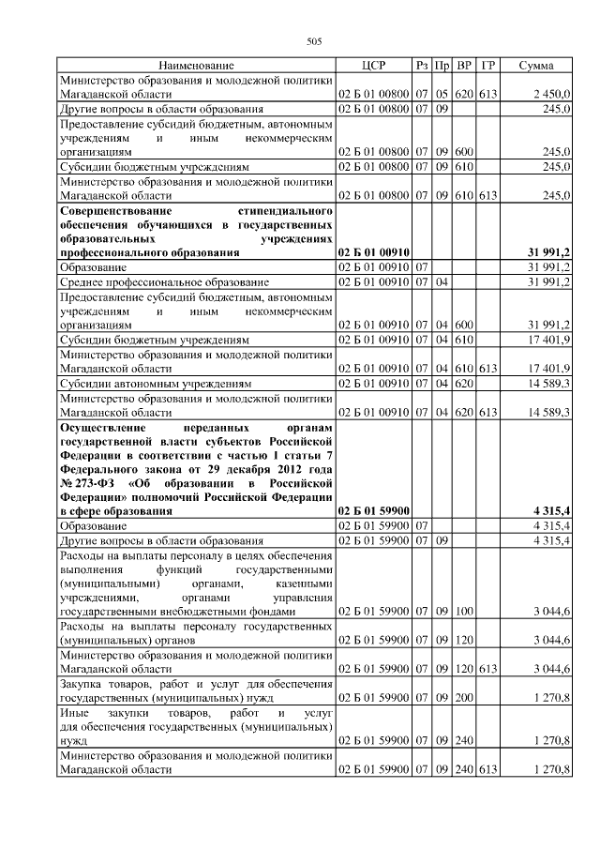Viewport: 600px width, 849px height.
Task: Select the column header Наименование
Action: (x=196, y=66)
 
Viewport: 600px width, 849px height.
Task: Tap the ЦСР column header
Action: (x=373, y=66)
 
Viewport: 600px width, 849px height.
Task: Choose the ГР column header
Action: (x=487, y=66)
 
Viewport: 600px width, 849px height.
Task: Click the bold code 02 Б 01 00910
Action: (x=372, y=252)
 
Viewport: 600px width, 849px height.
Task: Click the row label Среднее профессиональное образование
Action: (x=164, y=281)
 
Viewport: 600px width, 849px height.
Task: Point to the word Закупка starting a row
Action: (x=82, y=685)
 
